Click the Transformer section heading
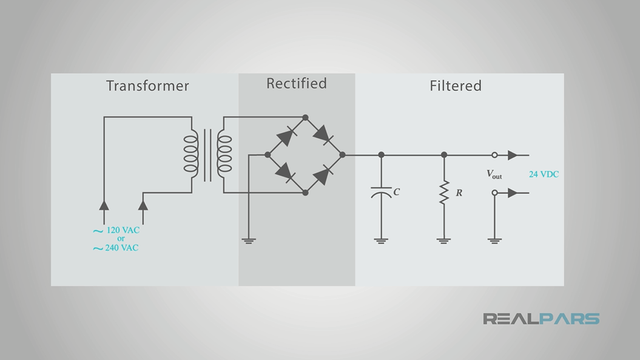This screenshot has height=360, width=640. (147, 86)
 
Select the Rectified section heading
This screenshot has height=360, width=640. (296, 83)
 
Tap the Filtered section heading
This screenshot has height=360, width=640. (455, 86)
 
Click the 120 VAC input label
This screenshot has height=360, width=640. (123, 231)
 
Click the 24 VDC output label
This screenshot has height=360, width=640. (544, 174)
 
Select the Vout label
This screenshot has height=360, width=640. (494, 174)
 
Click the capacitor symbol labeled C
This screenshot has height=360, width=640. (381, 192)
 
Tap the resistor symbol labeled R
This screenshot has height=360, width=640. (444, 192)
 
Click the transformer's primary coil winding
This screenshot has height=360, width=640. (191, 154)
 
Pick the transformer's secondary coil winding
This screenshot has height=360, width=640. (224, 154)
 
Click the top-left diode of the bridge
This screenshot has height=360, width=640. (286, 136)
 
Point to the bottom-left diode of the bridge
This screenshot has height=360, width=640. (286, 173)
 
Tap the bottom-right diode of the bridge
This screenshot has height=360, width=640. (324, 174)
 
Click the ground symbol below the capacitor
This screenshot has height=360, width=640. (381, 240)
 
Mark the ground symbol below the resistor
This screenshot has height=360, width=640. (444, 240)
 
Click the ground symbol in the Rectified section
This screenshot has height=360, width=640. (249, 240)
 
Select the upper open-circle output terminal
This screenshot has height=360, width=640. (494, 155)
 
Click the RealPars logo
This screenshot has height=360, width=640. (541, 319)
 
